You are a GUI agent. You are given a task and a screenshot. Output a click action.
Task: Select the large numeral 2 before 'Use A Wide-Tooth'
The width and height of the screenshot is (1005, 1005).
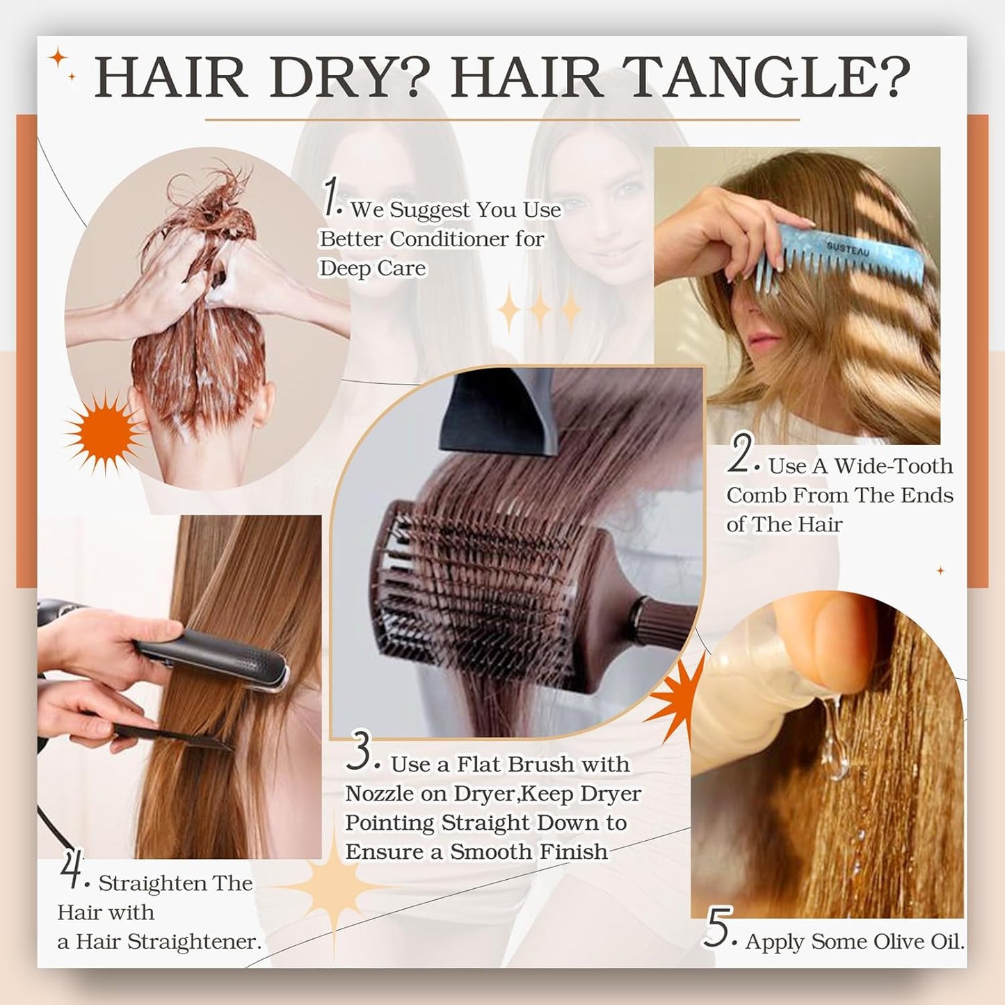pos(741,453)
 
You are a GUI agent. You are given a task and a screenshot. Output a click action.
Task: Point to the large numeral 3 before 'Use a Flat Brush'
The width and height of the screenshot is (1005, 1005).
pos(360,753)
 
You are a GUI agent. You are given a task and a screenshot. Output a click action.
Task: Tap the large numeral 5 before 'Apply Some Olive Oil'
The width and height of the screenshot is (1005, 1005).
pos(716,928)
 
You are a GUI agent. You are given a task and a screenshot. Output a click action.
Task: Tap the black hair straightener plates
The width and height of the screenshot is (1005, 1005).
pos(216,658)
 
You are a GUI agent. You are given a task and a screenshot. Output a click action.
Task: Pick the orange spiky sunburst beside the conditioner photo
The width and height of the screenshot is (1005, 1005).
pos(103,432)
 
